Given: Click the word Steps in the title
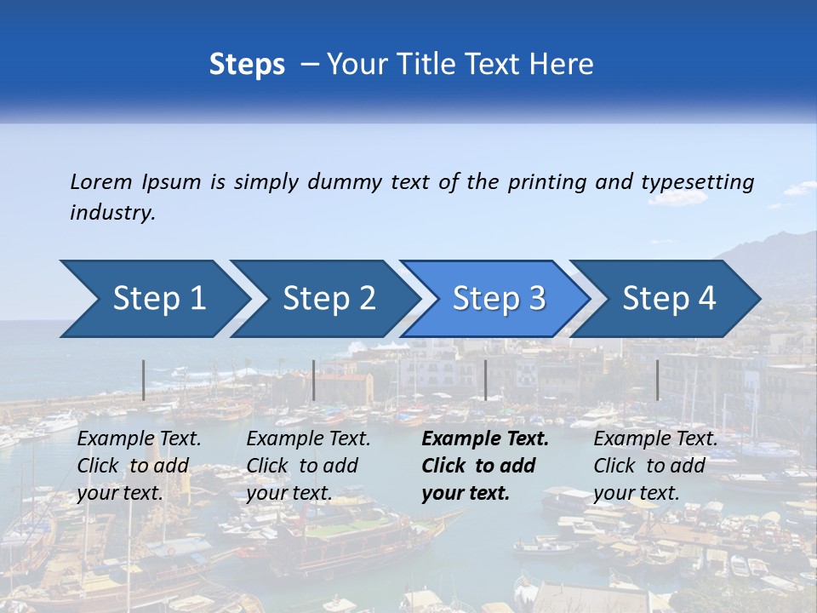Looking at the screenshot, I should [x=247, y=65].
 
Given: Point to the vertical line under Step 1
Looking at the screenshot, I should [x=144, y=380].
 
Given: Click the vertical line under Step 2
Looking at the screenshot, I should [x=314, y=380].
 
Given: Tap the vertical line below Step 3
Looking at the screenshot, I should [x=485, y=380].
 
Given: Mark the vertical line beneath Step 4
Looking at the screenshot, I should [x=657, y=380].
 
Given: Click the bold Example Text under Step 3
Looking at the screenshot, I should [x=485, y=439].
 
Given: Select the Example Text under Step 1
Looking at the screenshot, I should [x=139, y=439].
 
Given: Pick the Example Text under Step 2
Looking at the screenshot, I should [x=308, y=439].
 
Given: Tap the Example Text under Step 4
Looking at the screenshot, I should [x=655, y=439].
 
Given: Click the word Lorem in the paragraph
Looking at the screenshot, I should [x=100, y=181].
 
